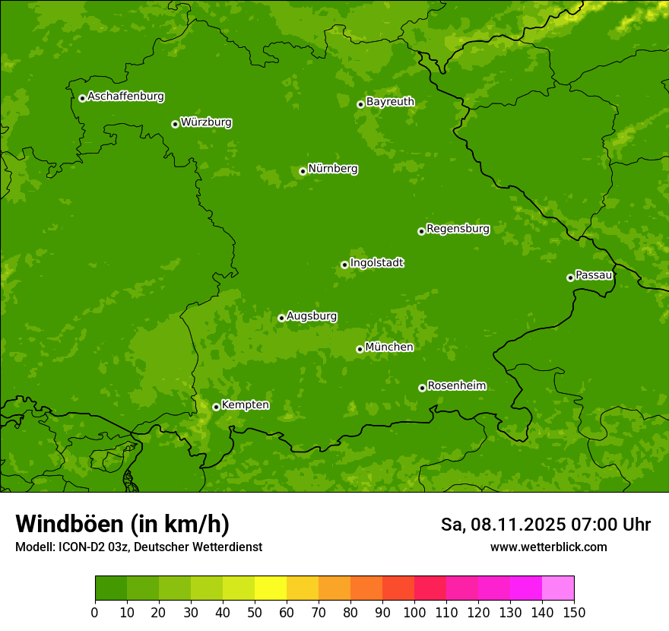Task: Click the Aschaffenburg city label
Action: coord(125,97)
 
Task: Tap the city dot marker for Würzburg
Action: coord(175,124)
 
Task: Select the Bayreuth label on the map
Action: coord(390,102)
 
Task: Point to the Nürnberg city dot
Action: coord(303,171)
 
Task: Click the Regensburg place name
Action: coord(458,229)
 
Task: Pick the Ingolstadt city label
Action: coord(376,263)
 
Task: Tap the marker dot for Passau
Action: coord(570,277)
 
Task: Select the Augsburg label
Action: coord(312,316)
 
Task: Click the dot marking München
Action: coord(360,349)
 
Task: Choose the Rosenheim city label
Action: coord(456,386)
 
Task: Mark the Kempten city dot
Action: coord(216,407)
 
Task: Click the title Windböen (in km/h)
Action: coord(122,524)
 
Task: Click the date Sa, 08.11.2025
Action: coord(502,525)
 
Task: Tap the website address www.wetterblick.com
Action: coord(548,547)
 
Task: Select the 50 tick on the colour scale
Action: coord(255,613)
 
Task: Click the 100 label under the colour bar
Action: coord(414,613)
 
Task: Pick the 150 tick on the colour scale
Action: coord(574,613)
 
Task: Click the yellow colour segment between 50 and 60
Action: coord(271,588)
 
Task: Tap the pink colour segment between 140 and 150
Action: coord(558,588)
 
